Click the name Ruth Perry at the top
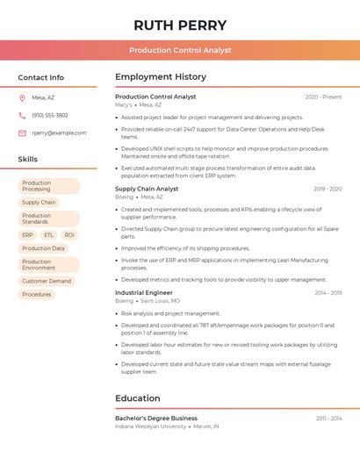pos(180,25)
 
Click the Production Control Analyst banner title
pos(180,50)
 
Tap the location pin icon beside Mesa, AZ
pos(22,97)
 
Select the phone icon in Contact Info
pos(22,115)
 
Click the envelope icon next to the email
pos(22,132)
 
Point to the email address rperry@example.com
pos(59,132)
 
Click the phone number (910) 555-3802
pos(50,115)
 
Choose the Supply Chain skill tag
pos(39,203)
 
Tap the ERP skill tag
pos(27,235)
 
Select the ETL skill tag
pos(48,235)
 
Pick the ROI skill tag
pos(69,235)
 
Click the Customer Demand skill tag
pos(47,281)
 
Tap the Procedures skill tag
pos(37,295)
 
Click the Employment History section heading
pos(161,77)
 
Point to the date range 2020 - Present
pos(323,97)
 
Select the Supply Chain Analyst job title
pos(147,189)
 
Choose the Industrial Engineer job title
pos(144,292)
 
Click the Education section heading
pos(138,398)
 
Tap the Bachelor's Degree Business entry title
pos(156,418)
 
